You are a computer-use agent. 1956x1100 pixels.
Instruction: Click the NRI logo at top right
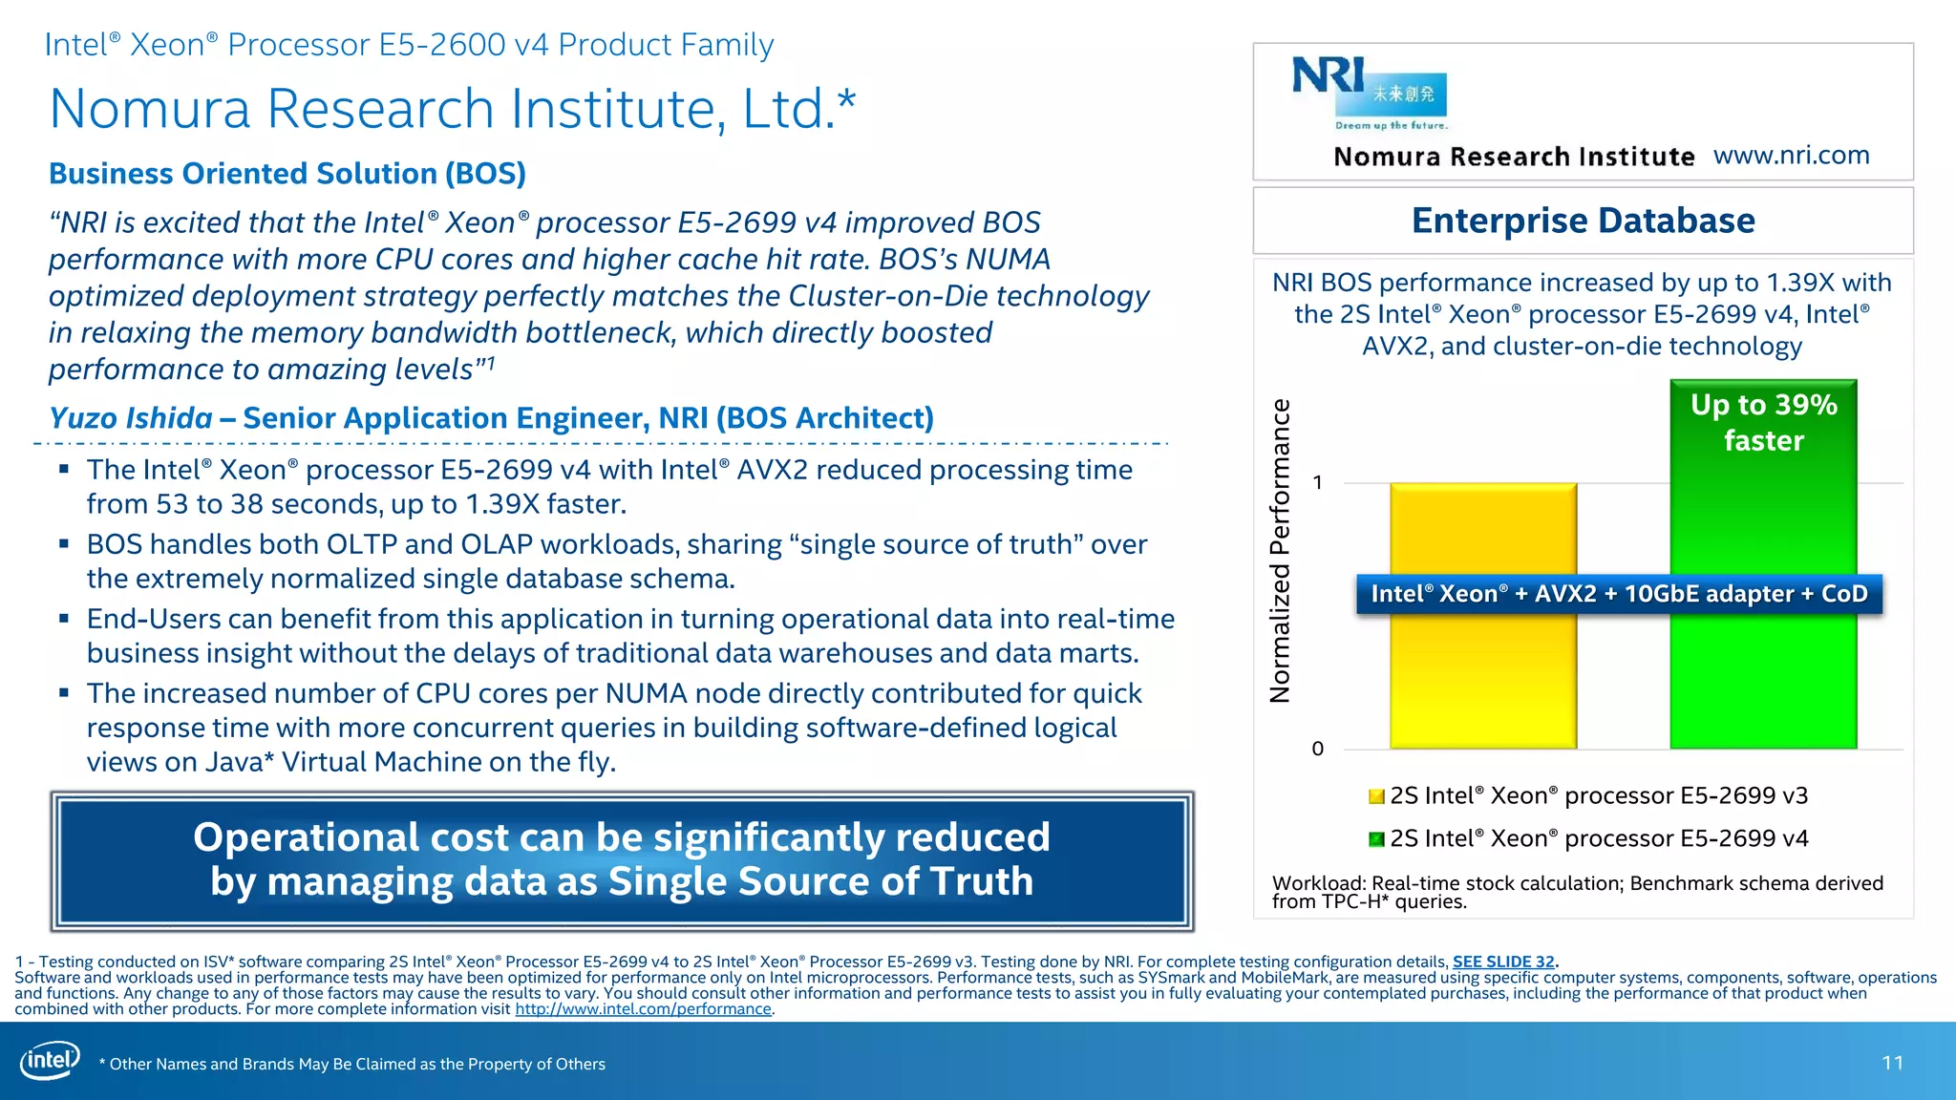pos(1369,92)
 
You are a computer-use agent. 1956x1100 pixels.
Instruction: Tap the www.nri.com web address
pos(1791,155)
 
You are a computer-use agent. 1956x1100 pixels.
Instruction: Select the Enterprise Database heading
pos(1583,221)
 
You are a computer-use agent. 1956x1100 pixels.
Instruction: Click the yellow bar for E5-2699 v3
pos(1482,668)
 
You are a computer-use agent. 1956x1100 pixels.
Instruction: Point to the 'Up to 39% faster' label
pos(1763,422)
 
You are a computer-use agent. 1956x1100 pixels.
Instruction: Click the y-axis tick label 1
pos(1318,483)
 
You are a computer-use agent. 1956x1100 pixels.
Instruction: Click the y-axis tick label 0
pos(1318,749)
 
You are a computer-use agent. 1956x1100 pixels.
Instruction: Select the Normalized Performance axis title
pos(1280,551)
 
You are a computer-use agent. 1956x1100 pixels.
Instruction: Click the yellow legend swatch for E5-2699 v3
pos(1376,796)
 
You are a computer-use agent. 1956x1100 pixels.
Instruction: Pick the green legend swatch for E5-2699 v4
pos(1376,839)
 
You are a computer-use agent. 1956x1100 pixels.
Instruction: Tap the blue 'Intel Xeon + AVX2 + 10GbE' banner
pos(1619,594)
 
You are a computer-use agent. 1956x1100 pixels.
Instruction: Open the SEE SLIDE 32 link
pos(1503,962)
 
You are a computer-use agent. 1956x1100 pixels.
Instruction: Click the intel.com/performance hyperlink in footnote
pos(643,1009)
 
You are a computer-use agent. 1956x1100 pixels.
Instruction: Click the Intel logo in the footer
pos(50,1061)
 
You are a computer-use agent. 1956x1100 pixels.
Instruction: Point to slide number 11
pos(1892,1063)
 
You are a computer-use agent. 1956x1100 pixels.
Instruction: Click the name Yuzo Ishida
pos(131,418)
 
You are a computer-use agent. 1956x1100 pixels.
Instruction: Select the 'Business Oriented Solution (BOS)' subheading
pos(287,174)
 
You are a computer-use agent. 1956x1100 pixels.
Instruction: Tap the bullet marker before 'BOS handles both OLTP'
pos(64,543)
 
